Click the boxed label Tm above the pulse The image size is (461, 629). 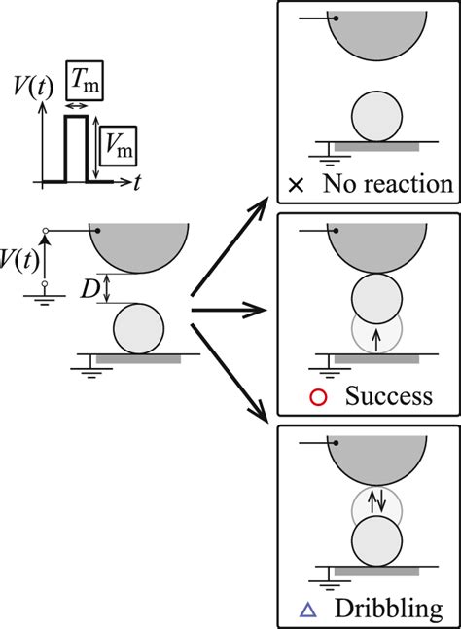[83, 81]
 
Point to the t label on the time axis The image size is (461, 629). [140, 180]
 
